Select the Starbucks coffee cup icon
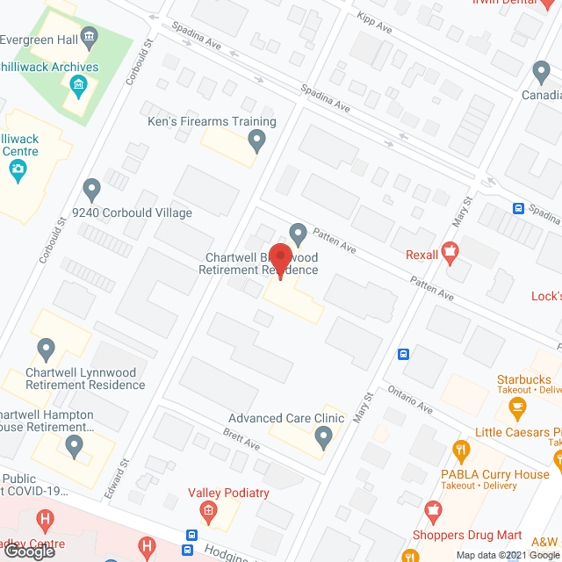[x=517, y=406]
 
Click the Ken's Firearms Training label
[x=211, y=122]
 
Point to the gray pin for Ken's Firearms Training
[x=256, y=139]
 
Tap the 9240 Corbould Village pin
[x=91, y=188]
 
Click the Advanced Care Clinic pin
[x=324, y=436]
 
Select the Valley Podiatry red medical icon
[x=208, y=511]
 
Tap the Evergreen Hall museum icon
[x=88, y=36]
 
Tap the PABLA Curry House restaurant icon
[x=459, y=450]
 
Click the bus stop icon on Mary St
[x=403, y=354]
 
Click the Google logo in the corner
[x=29, y=551]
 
